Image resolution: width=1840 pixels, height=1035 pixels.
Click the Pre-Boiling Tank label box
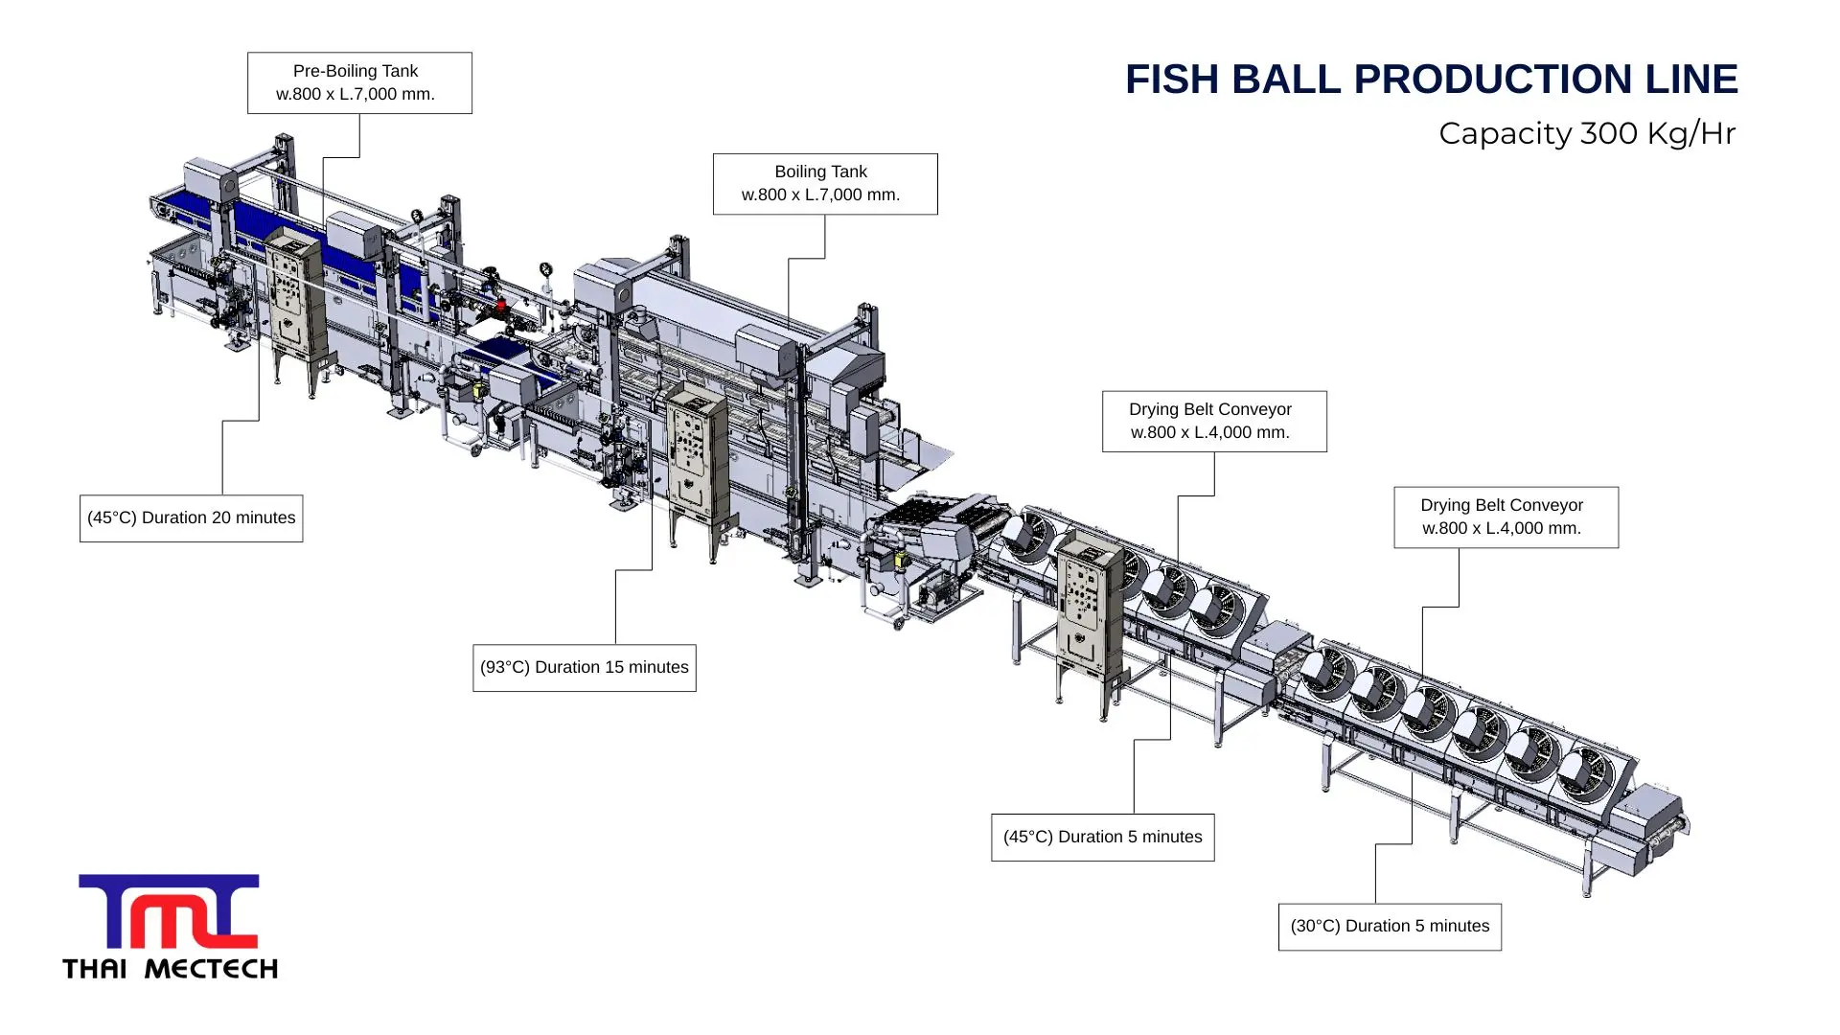359,83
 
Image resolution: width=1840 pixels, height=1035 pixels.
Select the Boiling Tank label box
824,184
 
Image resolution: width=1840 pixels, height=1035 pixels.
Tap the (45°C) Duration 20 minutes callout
191,518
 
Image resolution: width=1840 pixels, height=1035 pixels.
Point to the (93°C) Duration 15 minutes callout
584,668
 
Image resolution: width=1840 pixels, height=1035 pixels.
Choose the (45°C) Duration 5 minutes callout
1102,838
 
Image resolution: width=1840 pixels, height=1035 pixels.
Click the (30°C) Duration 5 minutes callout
1390,927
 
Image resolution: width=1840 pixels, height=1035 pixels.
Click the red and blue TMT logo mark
169,910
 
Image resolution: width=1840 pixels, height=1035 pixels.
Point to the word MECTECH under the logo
211,969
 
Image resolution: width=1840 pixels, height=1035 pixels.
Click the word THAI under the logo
95,969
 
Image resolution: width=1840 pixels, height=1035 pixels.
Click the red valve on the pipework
500,305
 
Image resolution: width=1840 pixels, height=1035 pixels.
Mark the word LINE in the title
1690,80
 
